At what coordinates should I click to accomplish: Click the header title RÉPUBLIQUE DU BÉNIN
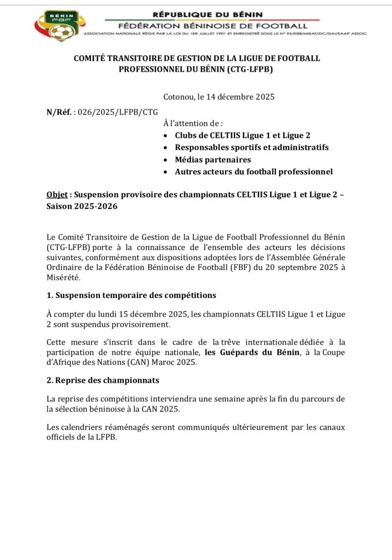[207, 14]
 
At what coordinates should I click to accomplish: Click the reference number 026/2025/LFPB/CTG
[118, 112]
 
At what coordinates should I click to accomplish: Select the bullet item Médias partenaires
[213, 160]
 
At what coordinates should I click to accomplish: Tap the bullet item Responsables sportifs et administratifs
[252, 148]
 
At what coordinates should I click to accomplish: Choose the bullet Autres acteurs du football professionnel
[253, 172]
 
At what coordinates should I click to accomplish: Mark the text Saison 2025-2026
[82, 207]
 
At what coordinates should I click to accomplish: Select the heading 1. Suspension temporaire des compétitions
[132, 295]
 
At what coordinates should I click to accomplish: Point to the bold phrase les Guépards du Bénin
[252, 353]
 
